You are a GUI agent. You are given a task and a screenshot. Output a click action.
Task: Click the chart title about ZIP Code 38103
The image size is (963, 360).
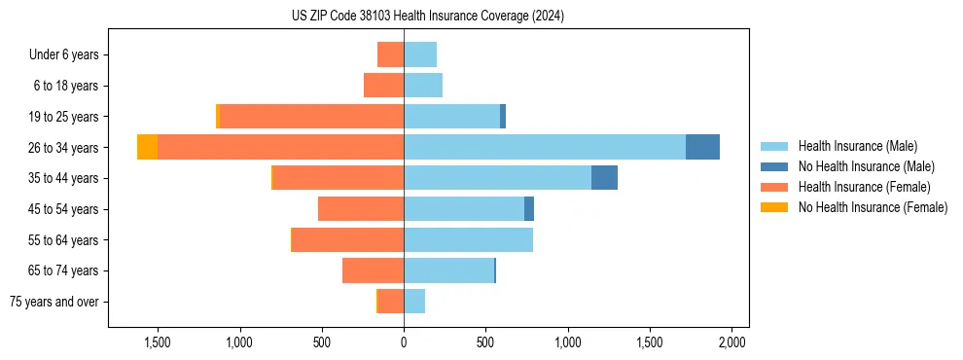tap(427, 17)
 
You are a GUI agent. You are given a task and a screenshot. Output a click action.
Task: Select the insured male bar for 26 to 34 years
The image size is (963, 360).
tap(545, 147)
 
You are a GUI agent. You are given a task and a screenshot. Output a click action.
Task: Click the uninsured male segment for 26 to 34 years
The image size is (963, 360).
tap(702, 147)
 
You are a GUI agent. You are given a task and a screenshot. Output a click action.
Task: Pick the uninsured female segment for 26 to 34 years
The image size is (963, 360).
tap(147, 147)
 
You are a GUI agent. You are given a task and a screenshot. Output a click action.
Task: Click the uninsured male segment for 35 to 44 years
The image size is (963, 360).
tap(604, 178)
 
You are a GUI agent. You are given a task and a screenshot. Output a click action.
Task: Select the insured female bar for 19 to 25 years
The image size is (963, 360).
tap(311, 117)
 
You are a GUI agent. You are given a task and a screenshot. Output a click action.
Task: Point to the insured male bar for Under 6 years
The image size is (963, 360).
tap(420, 54)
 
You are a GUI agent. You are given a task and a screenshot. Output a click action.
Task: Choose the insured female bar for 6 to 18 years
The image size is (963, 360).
tap(383, 86)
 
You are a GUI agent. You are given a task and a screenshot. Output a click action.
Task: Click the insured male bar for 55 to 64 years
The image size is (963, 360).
tap(468, 239)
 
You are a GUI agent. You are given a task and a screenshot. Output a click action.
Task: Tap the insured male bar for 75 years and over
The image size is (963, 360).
tap(414, 302)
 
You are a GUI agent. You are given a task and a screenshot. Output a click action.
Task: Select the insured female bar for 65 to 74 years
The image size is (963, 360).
tap(373, 270)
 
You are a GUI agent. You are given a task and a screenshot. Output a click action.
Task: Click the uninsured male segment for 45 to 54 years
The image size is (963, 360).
tap(529, 209)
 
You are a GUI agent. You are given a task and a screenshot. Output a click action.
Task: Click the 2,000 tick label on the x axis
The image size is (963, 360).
tap(731, 342)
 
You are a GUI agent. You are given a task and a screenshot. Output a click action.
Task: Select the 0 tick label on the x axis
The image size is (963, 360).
tap(404, 342)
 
